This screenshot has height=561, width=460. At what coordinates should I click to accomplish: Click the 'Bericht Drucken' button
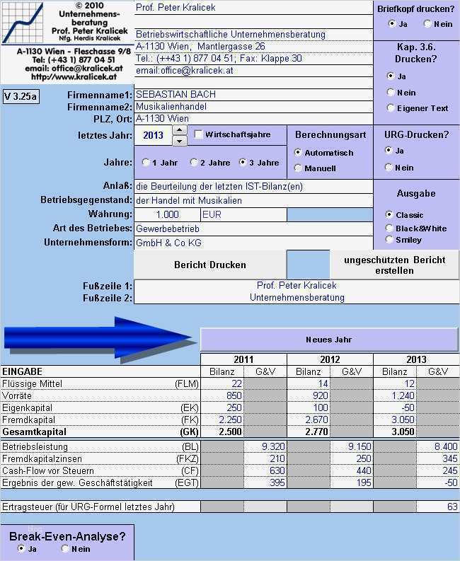(x=209, y=265)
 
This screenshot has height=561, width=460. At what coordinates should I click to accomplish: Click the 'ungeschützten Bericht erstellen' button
(x=394, y=265)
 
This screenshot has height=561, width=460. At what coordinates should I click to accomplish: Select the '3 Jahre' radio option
(x=243, y=163)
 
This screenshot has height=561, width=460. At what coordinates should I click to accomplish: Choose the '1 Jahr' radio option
(x=146, y=163)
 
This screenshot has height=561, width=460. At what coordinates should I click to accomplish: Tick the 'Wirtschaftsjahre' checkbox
(x=199, y=134)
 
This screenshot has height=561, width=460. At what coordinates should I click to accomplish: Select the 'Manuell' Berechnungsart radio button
(x=298, y=168)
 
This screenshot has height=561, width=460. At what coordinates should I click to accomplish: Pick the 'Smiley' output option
(x=390, y=240)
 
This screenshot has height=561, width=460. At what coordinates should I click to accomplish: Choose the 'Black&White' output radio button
(x=390, y=228)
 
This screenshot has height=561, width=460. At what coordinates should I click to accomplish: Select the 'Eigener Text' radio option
(x=391, y=108)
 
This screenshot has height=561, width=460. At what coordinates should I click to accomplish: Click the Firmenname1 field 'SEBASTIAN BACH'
(x=253, y=94)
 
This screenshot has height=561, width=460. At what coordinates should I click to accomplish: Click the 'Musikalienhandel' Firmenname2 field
(x=253, y=106)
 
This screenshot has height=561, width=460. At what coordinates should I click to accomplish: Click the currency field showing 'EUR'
(x=243, y=214)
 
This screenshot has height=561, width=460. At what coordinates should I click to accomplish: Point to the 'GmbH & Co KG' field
(x=253, y=243)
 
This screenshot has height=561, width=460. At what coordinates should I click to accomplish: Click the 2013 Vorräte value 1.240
(x=395, y=396)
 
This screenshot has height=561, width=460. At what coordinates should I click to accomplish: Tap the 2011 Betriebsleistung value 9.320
(x=265, y=447)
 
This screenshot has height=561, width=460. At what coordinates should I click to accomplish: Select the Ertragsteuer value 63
(x=437, y=507)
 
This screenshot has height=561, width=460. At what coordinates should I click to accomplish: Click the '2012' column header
(x=330, y=359)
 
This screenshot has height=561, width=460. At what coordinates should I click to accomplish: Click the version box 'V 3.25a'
(x=21, y=96)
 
